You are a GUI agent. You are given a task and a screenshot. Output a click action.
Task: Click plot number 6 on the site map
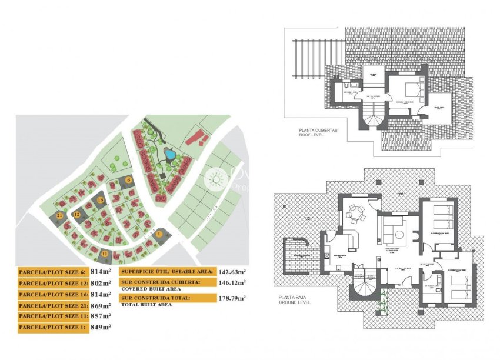(x=128, y=179)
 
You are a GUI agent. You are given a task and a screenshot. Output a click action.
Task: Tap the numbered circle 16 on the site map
(x=101, y=200)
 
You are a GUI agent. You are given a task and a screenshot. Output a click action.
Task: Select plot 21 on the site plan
(x=60, y=216)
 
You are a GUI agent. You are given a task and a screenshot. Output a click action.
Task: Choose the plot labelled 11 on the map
(x=105, y=254)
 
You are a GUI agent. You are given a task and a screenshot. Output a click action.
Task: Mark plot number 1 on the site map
(x=159, y=234)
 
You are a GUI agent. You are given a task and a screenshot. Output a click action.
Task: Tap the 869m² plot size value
(x=101, y=305)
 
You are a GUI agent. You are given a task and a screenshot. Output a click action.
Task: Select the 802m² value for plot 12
(x=101, y=283)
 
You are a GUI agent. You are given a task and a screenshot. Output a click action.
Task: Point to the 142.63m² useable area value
(x=232, y=272)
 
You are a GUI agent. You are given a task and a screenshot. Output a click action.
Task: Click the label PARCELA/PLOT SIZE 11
(x=52, y=316)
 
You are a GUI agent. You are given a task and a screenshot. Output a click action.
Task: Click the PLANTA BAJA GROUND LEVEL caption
(x=295, y=300)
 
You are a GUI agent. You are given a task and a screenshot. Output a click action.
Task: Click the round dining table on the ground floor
(x=355, y=215)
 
